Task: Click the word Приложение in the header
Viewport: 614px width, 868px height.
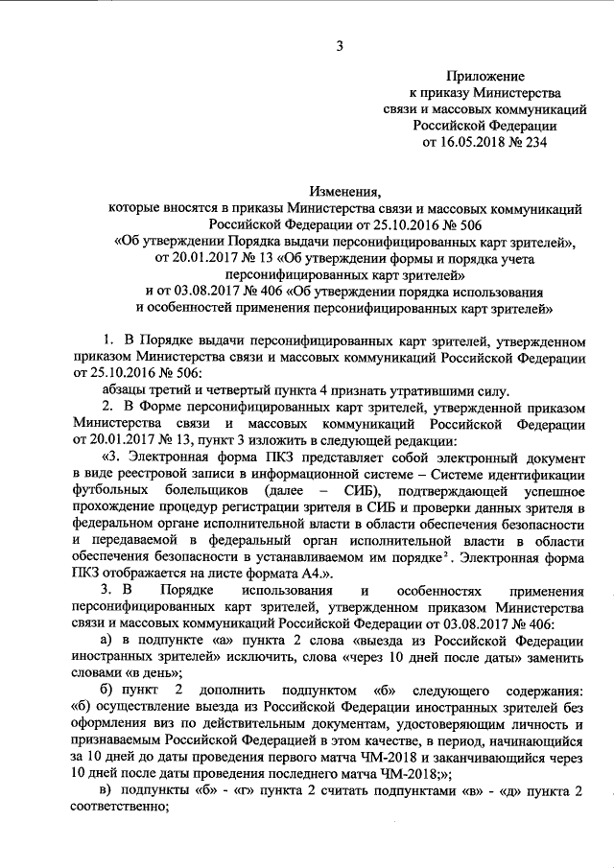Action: click(x=484, y=75)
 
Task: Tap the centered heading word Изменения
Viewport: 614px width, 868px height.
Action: click(x=341, y=191)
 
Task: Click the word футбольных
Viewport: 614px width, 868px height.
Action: click(x=108, y=491)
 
